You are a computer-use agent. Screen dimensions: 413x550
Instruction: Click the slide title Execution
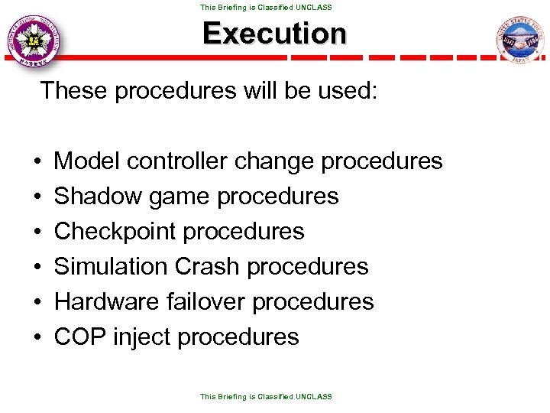tap(274, 34)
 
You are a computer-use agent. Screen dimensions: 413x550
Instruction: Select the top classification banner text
tap(266, 7)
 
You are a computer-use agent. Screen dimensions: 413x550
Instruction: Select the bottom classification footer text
tap(266, 397)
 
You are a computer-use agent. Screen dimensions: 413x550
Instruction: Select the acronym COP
tap(80, 337)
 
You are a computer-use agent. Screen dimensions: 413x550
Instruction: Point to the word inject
tap(141, 337)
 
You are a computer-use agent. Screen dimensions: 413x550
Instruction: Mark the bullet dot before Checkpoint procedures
tap(37, 232)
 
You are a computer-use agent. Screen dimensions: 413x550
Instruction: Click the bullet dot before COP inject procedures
tap(37, 337)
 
